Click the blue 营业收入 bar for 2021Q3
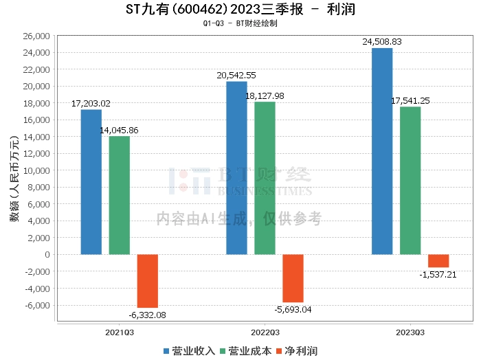(x=91, y=182)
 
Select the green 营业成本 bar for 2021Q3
(x=120, y=195)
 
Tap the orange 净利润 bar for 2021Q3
(x=148, y=281)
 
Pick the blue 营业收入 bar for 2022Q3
(x=236, y=168)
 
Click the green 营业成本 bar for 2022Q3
(x=265, y=178)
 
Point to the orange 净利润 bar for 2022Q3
(x=293, y=278)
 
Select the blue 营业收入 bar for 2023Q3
(x=382, y=151)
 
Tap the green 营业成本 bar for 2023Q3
(x=410, y=181)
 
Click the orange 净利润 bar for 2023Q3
(x=438, y=261)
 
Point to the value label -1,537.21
(x=437, y=274)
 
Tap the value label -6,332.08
(x=147, y=315)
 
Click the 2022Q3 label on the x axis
(x=265, y=331)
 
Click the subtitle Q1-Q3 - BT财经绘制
(x=240, y=23)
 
